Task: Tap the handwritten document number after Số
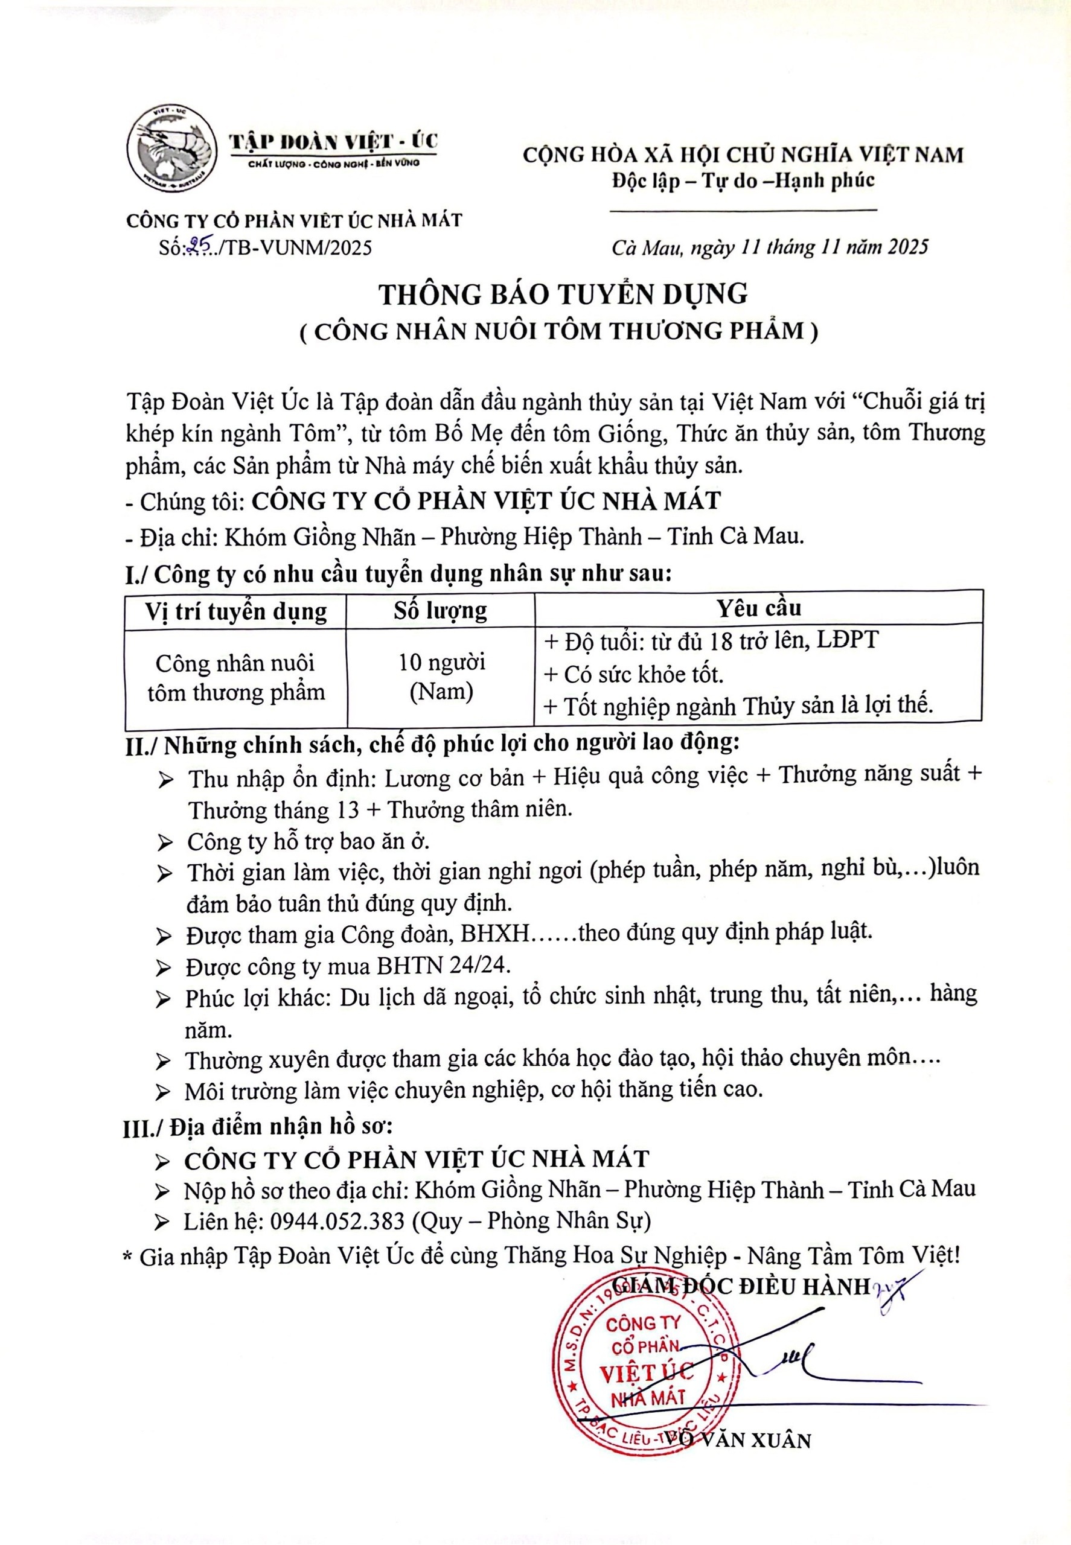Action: coord(199,248)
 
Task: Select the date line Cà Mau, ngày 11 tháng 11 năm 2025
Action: coord(770,247)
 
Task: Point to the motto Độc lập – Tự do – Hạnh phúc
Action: coord(742,180)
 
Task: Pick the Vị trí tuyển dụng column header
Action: coord(235,612)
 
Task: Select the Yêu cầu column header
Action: coord(758,608)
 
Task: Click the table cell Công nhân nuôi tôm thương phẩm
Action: coord(235,678)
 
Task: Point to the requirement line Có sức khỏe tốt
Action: coord(643,674)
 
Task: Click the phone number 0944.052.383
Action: coord(337,1220)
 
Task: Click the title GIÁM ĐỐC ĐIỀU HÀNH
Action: coord(745,1286)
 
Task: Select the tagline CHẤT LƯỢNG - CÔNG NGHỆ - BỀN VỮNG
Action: coord(333,164)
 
